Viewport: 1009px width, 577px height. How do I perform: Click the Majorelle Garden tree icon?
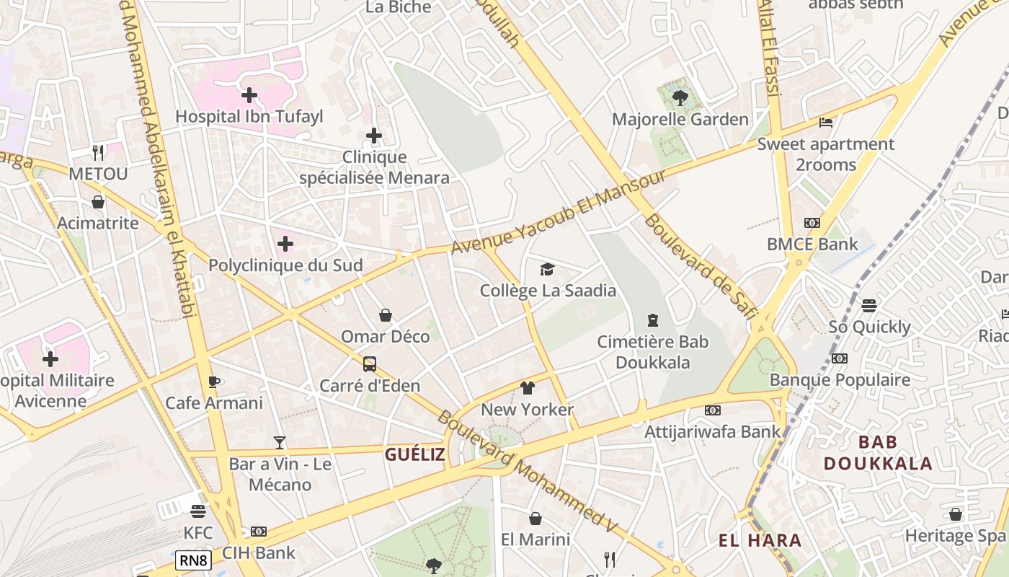coord(679,97)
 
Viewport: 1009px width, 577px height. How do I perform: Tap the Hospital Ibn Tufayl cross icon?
coord(249,94)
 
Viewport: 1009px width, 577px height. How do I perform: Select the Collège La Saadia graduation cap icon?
coord(548,269)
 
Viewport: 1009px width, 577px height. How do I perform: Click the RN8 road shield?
coord(193,560)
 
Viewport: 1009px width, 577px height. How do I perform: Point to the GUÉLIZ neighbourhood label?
coord(414,454)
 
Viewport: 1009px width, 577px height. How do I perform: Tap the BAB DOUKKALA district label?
coord(878,452)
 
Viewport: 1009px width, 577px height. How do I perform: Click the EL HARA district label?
coord(760,540)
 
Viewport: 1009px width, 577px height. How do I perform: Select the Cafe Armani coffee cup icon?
coord(214,382)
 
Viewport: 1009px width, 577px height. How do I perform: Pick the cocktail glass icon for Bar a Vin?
coord(280,443)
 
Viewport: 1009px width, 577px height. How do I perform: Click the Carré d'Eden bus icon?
coord(370,364)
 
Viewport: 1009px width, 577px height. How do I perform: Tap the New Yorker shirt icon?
coord(527,388)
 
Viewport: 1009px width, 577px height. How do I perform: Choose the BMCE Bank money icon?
coord(812,223)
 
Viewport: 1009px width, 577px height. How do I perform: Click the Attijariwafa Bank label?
coord(712,431)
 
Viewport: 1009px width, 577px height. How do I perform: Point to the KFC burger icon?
coord(198,511)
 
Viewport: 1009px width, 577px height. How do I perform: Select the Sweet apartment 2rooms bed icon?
coord(826,123)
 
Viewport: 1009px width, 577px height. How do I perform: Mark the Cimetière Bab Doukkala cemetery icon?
coord(653,320)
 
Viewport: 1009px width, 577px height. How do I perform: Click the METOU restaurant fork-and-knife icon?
coord(98,152)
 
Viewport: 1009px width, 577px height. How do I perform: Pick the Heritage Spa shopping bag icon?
coord(956,514)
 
